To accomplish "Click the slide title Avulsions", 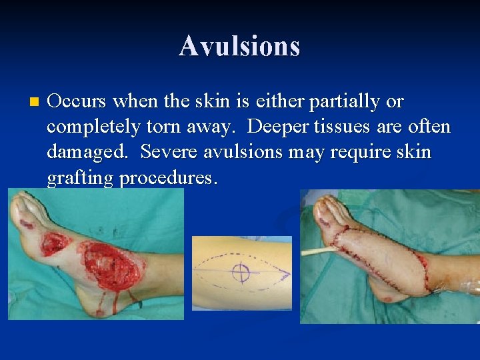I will click(x=239, y=46).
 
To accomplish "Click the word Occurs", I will click(x=77, y=101).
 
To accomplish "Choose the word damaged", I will click(x=87, y=153).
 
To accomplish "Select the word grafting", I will click(x=80, y=178).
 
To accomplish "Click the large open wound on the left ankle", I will click(x=113, y=267).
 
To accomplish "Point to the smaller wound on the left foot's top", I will click(x=56, y=243).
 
